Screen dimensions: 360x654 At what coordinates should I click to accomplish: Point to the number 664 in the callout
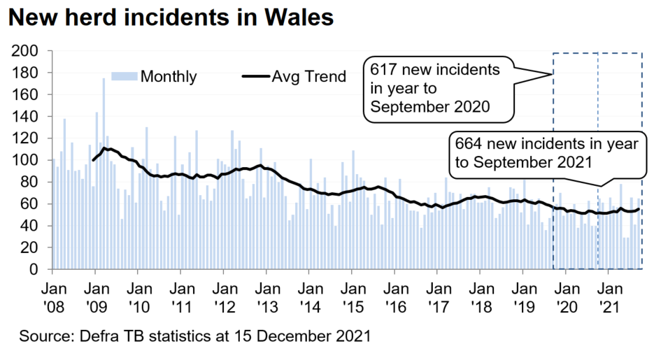pos(469,143)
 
